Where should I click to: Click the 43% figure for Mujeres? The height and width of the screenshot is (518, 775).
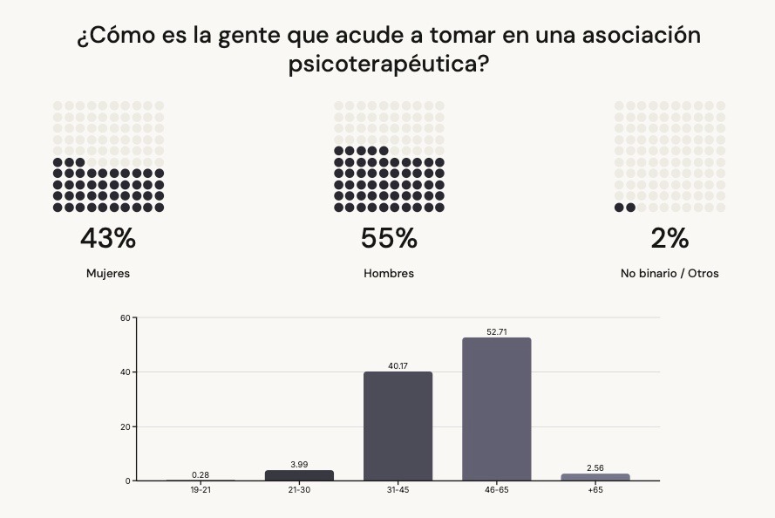click(108, 238)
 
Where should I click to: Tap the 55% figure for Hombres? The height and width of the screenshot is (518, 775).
click(389, 238)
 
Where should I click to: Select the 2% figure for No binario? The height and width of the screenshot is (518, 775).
click(670, 238)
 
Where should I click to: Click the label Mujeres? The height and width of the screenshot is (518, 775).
click(108, 274)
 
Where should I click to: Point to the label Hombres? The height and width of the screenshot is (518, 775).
click(389, 274)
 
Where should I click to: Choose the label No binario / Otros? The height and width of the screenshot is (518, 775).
click(670, 274)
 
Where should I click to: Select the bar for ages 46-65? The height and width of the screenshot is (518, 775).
click(496, 409)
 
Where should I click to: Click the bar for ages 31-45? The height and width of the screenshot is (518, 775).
click(398, 426)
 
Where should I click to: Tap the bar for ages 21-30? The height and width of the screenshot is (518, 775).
click(299, 475)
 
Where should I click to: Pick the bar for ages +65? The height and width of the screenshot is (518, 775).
click(595, 477)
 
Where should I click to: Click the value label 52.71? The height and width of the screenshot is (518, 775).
click(497, 332)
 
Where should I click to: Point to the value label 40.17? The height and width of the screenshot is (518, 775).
click(398, 366)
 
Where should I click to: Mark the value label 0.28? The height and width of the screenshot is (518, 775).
click(201, 474)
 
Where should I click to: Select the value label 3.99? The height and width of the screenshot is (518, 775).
click(299, 465)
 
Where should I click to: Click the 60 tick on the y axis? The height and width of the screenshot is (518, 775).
click(125, 317)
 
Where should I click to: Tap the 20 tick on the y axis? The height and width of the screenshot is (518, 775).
click(125, 426)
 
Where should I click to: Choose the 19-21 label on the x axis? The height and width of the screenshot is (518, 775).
click(201, 490)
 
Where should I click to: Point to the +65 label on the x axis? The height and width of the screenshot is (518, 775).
click(595, 490)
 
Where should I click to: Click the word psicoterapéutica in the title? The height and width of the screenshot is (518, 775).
click(388, 65)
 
